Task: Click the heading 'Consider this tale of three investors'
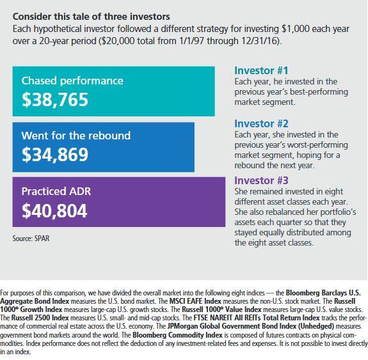[x=92, y=17]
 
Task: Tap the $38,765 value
[x=55, y=100]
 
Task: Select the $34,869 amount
[x=55, y=155]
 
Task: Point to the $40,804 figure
[x=54, y=210]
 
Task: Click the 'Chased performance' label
[x=72, y=81]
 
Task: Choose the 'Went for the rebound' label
[x=76, y=136]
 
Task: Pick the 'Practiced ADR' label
[x=56, y=191]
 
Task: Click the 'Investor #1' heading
[x=261, y=70]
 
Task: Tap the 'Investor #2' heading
[x=261, y=123]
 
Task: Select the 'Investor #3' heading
[x=261, y=180]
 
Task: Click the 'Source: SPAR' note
[x=31, y=239]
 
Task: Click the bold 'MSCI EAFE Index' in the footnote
[x=195, y=301]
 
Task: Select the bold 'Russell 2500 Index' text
[x=40, y=318]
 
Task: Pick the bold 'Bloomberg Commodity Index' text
[x=177, y=334]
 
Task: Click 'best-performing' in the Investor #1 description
[x=319, y=92]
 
